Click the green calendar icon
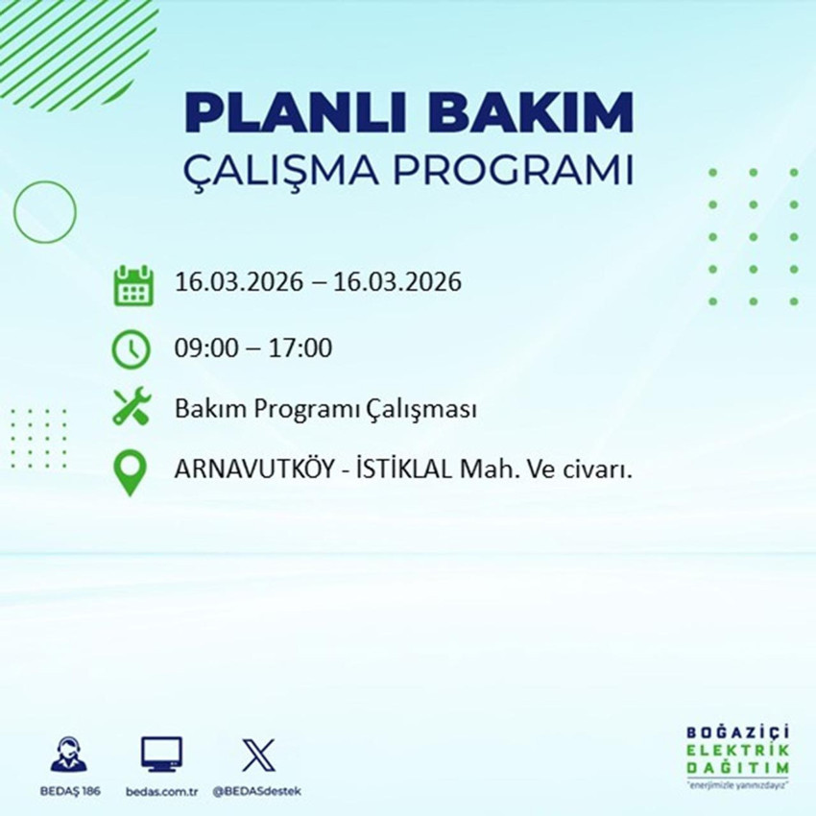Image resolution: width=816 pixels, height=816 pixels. pyautogui.click(x=133, y=285)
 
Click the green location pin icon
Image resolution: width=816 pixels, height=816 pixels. pyautogui.click(x=131, y=473)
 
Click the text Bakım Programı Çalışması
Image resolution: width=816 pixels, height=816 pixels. pyautogui.click(x=326, y=410)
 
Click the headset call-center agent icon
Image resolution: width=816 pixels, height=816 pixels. pyautogui.click(x=69, y=755)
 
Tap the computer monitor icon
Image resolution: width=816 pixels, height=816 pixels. pyautogui.click(x=160, y=755)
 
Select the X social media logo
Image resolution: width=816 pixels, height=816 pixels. pyautogui.click(x=256, y=755)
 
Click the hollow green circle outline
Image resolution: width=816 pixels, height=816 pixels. pyautogui.click(x=45, y=208)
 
